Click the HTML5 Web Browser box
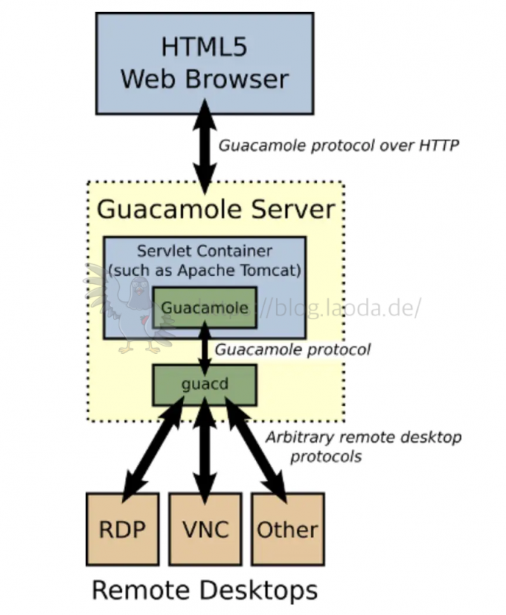point(204,63)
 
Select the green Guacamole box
point(204,307)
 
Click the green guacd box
point(204,385)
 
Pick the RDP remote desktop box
point(122,529)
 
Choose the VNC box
point(204,529)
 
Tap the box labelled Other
point(287,529)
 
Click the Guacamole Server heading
point(215,210)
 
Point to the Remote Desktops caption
point(204,589)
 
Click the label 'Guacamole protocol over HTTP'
point(338,146)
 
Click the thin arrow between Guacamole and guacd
point(205,349)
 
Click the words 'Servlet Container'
point(204,252)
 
